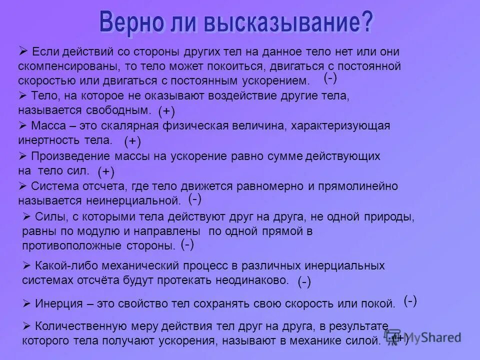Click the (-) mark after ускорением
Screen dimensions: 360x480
(x=330, y=77)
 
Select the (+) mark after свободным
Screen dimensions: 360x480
(x=166, y=110)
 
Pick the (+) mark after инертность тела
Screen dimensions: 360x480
(x=132, y=141)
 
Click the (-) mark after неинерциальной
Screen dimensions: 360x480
(x=195, y=199)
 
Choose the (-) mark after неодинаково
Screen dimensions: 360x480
(x=304, y=282)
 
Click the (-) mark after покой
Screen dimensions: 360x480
(x=410, y=300)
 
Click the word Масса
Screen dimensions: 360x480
(x=48, y=125)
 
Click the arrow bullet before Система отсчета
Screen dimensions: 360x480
(x=22, y=186)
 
